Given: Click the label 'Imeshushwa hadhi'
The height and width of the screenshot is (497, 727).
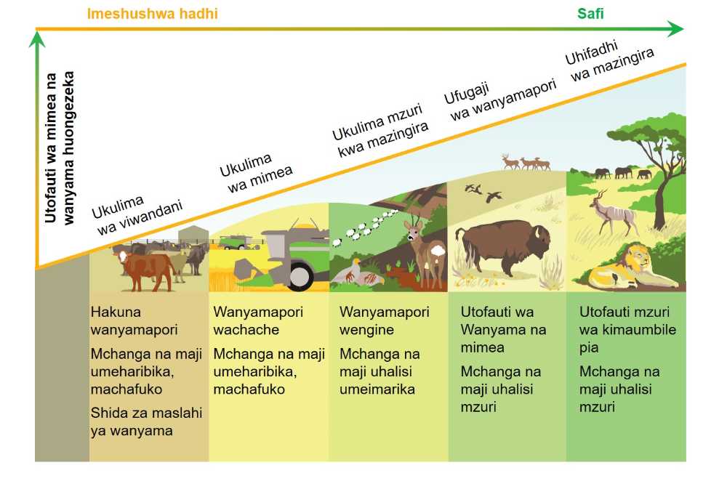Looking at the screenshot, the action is pos(152,14).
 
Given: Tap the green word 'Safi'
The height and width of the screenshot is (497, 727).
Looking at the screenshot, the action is pos(590,13).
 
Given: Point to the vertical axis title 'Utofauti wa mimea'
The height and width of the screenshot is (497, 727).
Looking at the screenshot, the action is pos(51,148).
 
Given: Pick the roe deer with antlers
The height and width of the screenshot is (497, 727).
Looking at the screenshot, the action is pos(425,252).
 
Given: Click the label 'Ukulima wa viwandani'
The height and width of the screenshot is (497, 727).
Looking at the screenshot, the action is pos(137,214).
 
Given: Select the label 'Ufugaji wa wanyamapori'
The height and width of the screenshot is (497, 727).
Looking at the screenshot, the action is pos(499,99).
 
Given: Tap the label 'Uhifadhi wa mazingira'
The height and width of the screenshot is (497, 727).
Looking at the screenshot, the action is pos(609,60).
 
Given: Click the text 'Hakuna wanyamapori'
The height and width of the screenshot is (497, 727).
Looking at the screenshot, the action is pos(134,320).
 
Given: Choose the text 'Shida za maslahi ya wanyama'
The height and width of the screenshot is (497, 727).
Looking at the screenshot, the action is pos(146,421).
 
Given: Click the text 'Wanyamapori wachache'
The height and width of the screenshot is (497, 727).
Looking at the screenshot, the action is pos(258,320).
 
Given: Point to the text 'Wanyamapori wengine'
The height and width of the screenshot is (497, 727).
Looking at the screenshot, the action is pos(385,320).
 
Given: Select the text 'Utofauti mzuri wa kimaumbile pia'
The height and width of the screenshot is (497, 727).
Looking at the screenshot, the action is pos(627,329).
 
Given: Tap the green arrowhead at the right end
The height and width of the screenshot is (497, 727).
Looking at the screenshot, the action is pos(676,29).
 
